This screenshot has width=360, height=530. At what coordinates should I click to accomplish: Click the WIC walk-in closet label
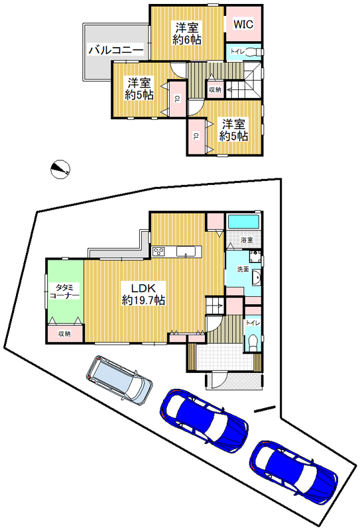coord(243,25)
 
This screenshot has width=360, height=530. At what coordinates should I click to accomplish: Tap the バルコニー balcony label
coord(116,51)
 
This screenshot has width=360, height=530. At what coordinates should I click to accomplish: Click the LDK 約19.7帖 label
coord(143,294)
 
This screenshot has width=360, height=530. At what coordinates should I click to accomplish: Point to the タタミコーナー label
coord(64,291)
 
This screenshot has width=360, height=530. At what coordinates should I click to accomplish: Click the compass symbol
coord(60,168)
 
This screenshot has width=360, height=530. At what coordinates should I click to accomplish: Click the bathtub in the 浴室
coord(243,222)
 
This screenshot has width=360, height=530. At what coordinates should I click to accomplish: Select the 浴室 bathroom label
coord(247,240)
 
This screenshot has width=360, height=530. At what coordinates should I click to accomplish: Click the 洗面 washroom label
coord(243,269)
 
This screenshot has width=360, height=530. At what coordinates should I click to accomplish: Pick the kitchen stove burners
coord(158,252)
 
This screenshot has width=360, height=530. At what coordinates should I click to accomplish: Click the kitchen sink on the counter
coord(186,252)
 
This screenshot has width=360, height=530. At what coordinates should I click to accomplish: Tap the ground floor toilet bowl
coord(251,343)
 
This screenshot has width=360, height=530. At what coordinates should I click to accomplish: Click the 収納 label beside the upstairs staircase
coord(215,89)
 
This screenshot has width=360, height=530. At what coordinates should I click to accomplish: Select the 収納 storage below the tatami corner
coord(64,334)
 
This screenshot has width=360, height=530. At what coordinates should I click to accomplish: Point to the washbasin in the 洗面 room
coord(256,278)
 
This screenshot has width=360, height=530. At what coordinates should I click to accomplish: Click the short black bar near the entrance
coord(265,409)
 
